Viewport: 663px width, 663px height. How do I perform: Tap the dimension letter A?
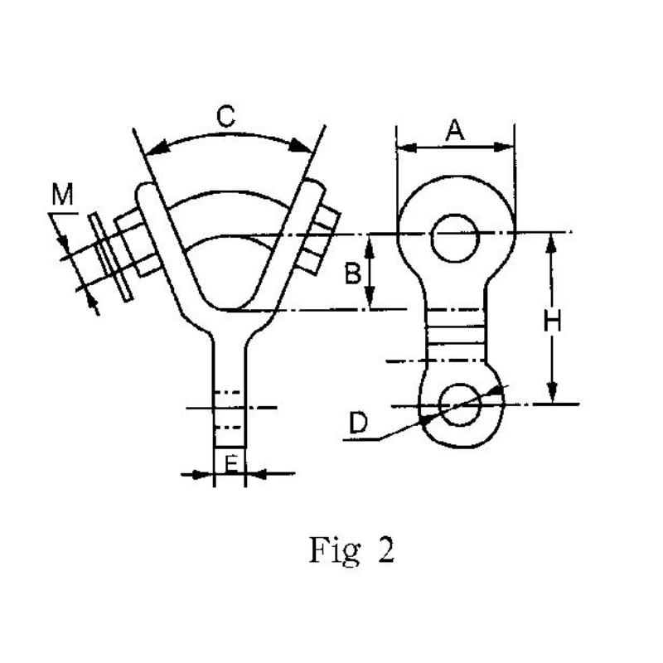(454, 129)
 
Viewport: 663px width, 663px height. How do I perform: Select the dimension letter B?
(352, 273)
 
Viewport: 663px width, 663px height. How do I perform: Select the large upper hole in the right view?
(454, 237)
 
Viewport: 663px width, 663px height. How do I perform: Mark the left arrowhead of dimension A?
(403, 148)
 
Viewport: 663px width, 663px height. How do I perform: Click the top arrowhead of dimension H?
(553, 240)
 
